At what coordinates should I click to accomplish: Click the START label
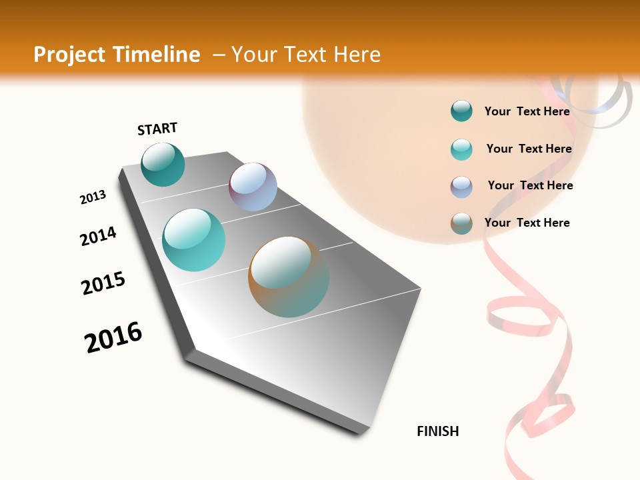[x=157, y=129]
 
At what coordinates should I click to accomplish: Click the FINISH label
[x=437, y=431]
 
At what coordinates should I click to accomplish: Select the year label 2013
[x=93, y=197]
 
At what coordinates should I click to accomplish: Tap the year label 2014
[x=98, y=237]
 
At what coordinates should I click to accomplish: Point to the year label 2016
[x=113, y=337]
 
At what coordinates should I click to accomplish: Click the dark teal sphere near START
[x=163, y=164]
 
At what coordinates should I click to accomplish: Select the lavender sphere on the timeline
[x=253, y=187]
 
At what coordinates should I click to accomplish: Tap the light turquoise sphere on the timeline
[x=193, y=240]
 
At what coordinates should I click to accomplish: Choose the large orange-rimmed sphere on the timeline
[x=289, y=277]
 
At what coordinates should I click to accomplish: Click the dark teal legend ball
[x=461, y=111]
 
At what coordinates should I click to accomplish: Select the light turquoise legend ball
[x=461, y=149]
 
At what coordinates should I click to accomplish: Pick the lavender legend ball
[x=461, y=187]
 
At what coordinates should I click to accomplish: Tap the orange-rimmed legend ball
[x=461, y=223]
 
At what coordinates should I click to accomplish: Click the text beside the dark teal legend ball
[x=527, y=111]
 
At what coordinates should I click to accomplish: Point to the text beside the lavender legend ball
[x=530, y=185]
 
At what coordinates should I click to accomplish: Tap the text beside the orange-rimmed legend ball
[x=527, y=223]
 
